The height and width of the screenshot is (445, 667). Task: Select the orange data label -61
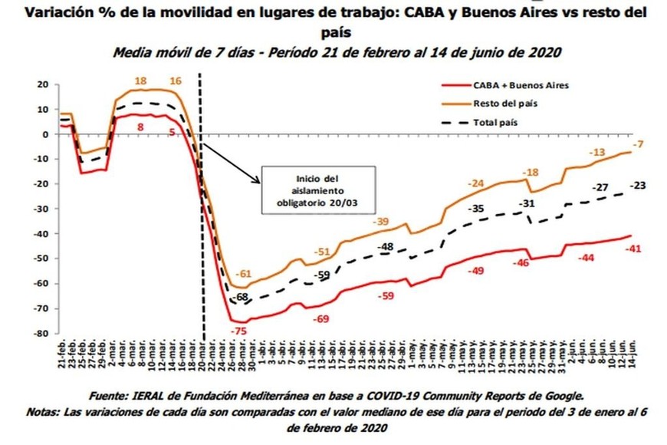pos(243,274)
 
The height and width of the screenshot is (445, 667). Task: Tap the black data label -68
pos(242,297)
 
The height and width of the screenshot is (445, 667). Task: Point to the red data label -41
pos(633,249)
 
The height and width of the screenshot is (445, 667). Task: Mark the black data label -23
pos(639,185)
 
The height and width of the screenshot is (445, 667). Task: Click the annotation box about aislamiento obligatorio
pos(317,189)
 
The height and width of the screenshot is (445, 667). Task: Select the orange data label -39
pos(382,222)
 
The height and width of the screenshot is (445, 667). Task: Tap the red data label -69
pos(323,318)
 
